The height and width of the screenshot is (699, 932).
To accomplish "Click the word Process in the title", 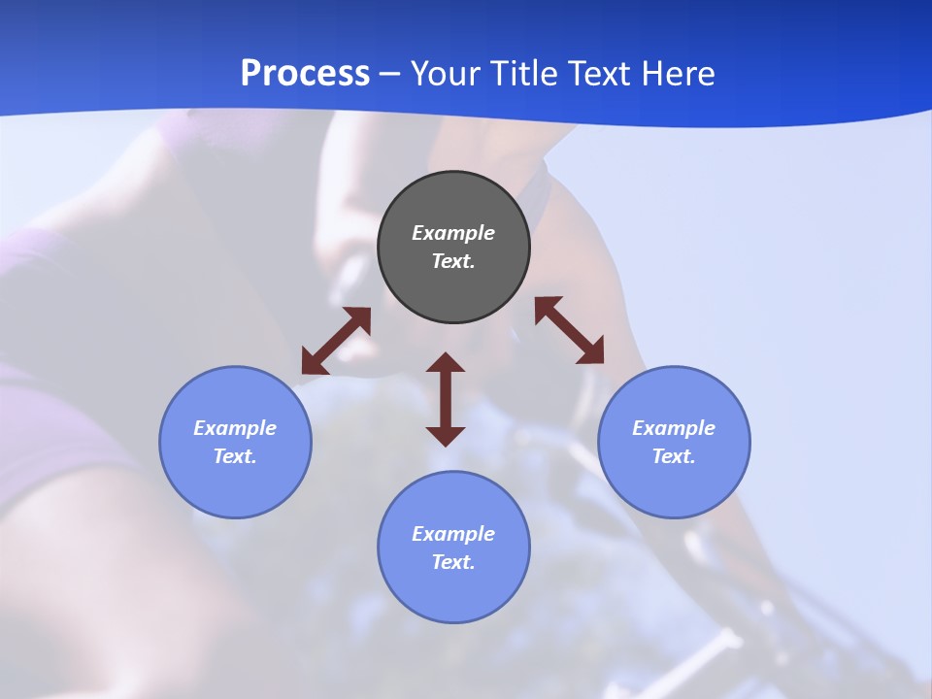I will click(x=305, y=74).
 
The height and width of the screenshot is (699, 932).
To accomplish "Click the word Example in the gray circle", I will click(x=453, y=233).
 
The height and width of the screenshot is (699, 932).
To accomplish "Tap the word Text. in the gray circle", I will click(x=453, y=261).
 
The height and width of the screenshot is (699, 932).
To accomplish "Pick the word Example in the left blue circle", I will click(x=235, y=428).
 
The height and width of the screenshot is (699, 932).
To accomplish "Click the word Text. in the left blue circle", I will click(x=235, y=456).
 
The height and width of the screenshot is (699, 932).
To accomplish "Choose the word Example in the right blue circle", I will click(x=674, y=428).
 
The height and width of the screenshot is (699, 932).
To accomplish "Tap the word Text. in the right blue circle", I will click(x=674, y=456).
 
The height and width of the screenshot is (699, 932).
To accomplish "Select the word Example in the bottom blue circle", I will click(x=453, y=534).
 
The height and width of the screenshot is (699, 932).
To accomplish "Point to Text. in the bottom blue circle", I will click(x=453, y=562).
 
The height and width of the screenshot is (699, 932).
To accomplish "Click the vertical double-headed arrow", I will click(x=446, y=399).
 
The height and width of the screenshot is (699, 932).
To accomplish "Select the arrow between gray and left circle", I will click(x=336, y=341).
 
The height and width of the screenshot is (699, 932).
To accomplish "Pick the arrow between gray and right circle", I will click(x=569, y=330).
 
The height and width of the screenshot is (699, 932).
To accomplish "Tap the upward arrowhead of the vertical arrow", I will click(x=446, y=363).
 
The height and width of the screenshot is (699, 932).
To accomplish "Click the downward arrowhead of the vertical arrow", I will click(x=446, y=436).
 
